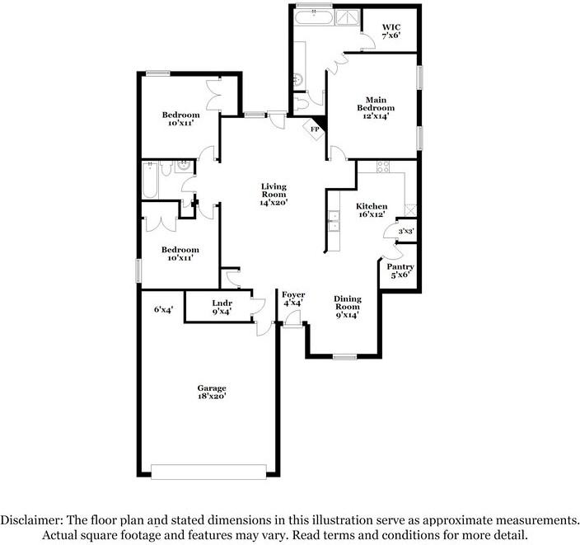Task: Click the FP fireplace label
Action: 315,129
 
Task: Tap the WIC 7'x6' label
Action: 391,31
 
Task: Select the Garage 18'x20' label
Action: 212,392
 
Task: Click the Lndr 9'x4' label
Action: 222,308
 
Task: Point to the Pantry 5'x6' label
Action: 400,270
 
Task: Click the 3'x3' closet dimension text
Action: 406,232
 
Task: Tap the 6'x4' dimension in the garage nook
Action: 163,309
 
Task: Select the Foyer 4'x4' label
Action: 293,298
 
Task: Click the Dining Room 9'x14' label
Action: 348,307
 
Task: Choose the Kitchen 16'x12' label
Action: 372,210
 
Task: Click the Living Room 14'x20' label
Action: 274,195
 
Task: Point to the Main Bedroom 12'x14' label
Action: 376,108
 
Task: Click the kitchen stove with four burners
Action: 383,167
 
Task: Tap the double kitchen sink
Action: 334,221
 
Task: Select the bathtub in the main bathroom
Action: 314,17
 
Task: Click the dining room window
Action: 344,357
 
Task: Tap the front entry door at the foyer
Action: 292,318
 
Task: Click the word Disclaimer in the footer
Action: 31,520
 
